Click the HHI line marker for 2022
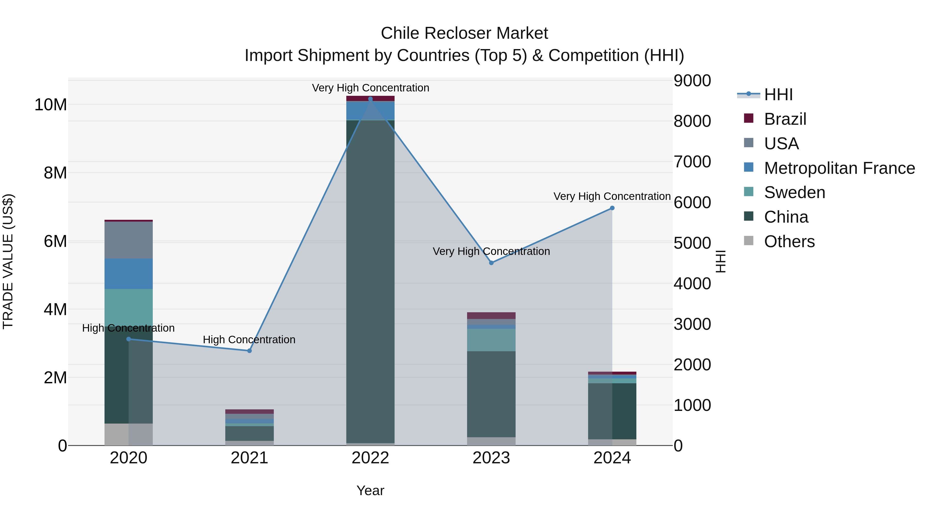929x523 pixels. pos(370,99)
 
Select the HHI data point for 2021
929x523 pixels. pos(249,350)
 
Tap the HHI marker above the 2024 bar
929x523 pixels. pos(612,208)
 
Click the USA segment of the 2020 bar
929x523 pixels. pos(129,240)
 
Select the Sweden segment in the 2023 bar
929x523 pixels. pos(491,340)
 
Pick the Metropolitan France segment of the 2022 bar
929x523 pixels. pos(370,111)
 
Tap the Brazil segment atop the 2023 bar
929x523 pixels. pos(491,315)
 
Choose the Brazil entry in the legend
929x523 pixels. pos(785,119)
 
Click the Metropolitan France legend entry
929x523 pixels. pos(839,168)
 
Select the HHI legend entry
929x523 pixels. pos(778,95)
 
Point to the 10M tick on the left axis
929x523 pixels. pos(51,105)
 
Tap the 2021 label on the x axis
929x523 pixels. pos(249,458)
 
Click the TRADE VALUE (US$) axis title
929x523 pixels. pos(8,261)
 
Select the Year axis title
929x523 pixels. pos(370,490)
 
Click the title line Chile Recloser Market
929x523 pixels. pos(464,33)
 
